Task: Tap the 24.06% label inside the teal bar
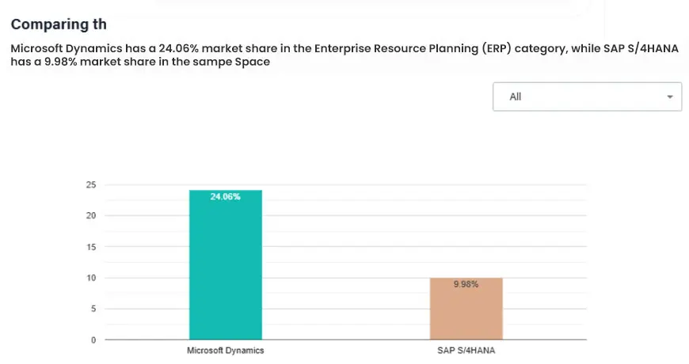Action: (x=225, y=196)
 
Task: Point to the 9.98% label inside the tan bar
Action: (x=466, y=284)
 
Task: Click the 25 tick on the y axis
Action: (x=91, y=184)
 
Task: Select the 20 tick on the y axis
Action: (x=91, y=215)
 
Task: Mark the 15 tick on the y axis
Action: (x=91, y=247)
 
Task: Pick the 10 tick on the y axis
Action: (x=91, y=278)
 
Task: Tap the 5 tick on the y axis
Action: (x=93, y=309)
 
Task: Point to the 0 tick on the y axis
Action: (x=93, y=340)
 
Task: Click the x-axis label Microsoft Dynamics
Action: (x=225, y=350)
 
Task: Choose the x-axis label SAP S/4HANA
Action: (x=466, y=350)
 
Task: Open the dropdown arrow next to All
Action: (x=670, y=97)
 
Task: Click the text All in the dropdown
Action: (x=516, y=97)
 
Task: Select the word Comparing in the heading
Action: (x=46, y=25)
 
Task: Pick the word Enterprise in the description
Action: (x=343, y=48)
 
